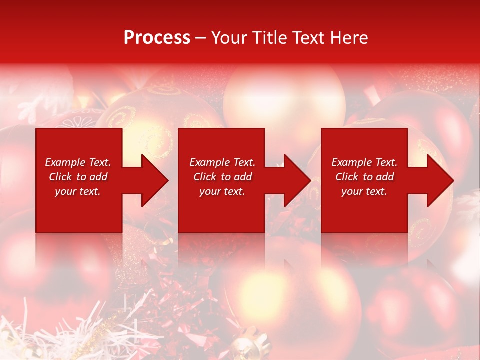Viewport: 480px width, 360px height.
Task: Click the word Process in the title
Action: pyautogui.click(x=157, y=38)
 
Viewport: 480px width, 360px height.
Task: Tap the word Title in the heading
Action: pyautogui.click(x=267, y=38)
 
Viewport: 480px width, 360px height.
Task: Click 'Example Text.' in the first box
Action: pyautogui.click(x=78, y=162)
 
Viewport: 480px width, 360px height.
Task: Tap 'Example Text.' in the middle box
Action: pyautogui.click(x=222, y=162)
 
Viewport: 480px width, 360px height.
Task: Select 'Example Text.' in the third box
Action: pyautogui.click(x=364, y=162)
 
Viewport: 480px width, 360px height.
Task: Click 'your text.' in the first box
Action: pyautogui.click(x=78, y=191)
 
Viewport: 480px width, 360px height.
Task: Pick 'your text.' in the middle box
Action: pyautogui.click(x=222, y=191)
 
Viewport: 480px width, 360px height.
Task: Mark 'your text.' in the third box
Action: pyautogui.click(x=364, y=191)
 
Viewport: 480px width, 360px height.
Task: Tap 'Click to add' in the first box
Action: pyautogui.click(x=78, y=177)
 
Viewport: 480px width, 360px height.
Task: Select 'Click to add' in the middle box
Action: pyautogui.click(x=222, y=177)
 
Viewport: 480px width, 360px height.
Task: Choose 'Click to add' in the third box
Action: pyautogui.click(x=364, y=177)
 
